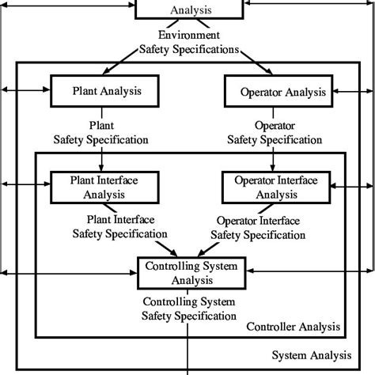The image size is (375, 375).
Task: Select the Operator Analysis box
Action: [283, 92]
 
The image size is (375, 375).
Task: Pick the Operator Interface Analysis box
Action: [277, 187]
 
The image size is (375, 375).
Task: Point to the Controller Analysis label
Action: [294, 327]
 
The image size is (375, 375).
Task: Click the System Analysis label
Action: [312, 355]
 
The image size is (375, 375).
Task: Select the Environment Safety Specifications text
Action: [188, 42]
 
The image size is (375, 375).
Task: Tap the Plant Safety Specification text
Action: [100, 132]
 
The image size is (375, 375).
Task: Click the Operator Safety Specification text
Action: [275, 132]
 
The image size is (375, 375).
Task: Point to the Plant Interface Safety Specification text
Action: [120, 226]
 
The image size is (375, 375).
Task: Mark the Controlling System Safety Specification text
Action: [188, 309]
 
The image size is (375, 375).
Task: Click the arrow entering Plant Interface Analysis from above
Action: [100, 162]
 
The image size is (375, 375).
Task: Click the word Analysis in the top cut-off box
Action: [190, 11]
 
